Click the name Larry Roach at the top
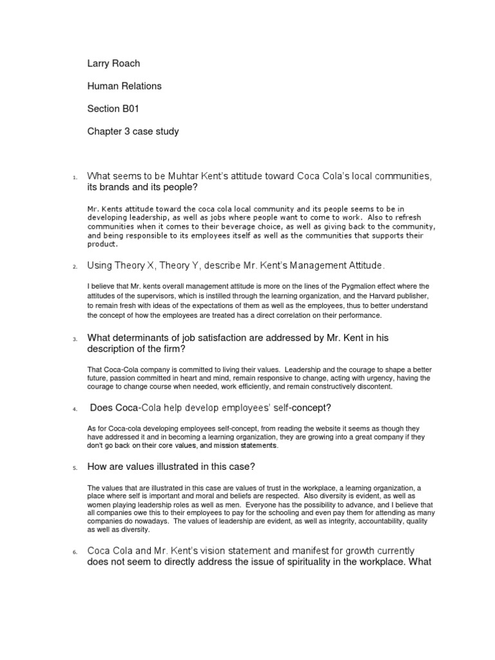113,64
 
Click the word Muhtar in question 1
188,176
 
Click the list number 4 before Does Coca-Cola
75,409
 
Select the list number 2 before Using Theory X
75,266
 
